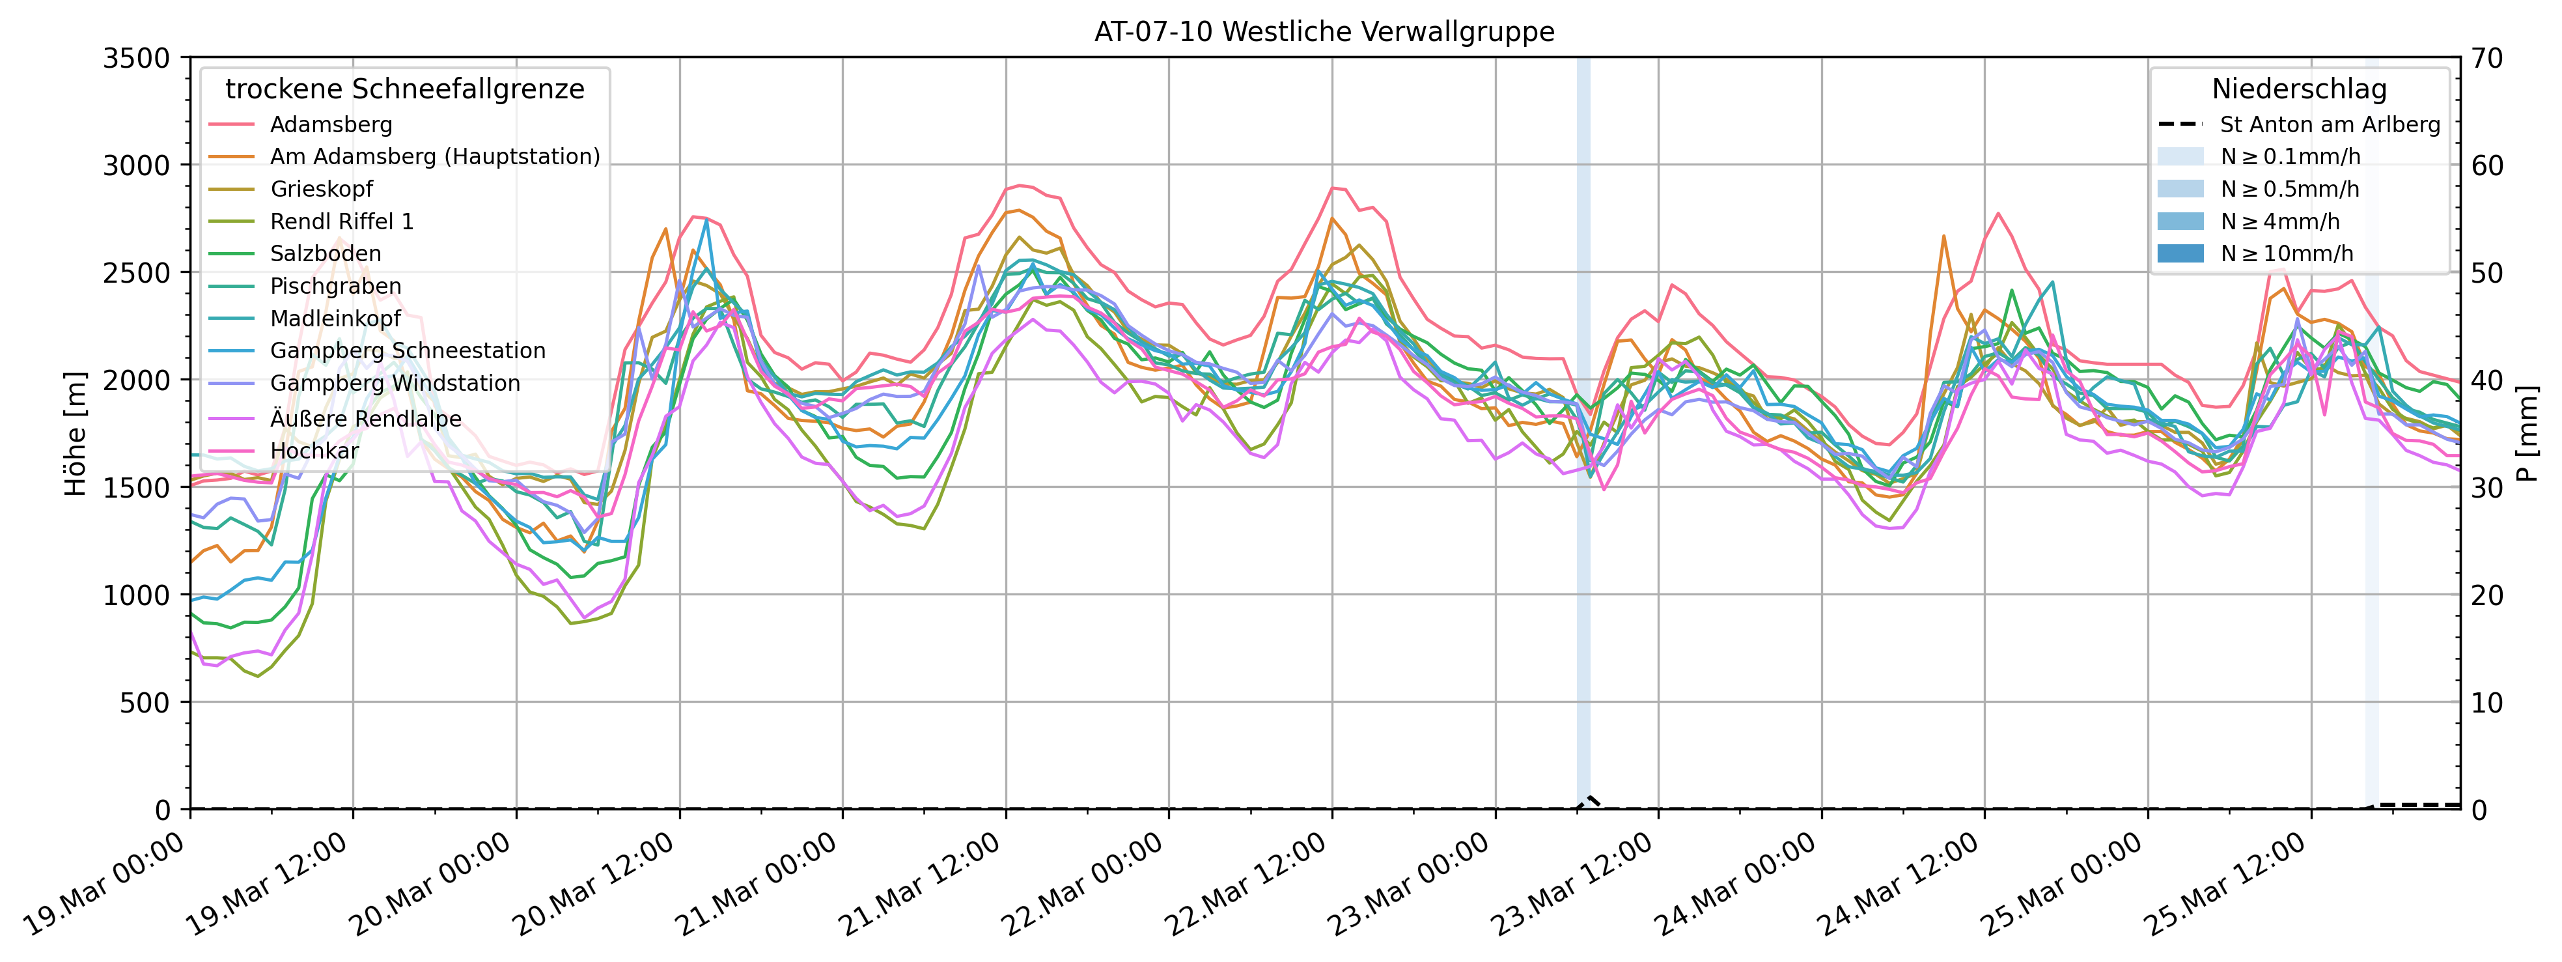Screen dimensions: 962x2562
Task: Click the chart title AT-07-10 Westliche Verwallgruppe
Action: [x=1324, y=32]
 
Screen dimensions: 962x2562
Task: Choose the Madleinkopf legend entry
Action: [x=335, y=318]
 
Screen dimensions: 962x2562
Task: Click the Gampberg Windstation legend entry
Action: [x=395, y=383]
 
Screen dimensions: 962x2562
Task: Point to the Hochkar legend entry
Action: [x=314, y=451]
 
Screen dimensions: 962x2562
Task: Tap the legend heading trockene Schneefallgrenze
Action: [x=405, y=89]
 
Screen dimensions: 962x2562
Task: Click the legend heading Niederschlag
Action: [x=2298, y=89]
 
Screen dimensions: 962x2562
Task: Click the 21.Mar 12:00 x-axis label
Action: [x=920, y=885]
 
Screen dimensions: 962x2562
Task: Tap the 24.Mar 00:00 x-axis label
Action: [x=1736, y=885]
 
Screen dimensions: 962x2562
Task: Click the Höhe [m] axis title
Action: [x=76, y=434]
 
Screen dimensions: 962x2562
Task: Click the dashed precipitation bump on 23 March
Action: [x=1589, y=801]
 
